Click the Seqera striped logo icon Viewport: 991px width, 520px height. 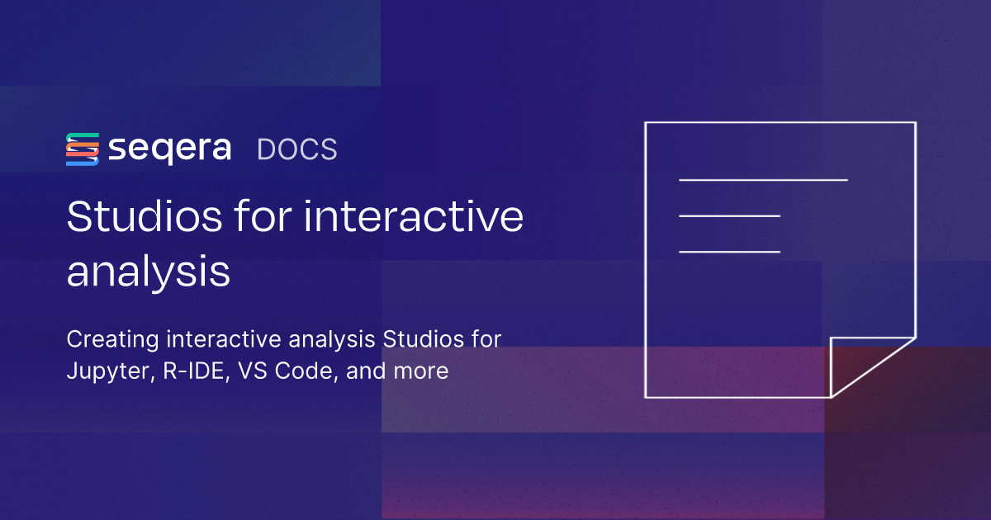coord(83,149)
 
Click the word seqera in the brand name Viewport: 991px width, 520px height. coord(170,150)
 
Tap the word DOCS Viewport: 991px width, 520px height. coord(297,149)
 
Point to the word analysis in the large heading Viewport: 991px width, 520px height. coord(148,272)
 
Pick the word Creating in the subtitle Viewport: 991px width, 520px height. coord(111,339)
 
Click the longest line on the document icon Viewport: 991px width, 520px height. coord(763,179)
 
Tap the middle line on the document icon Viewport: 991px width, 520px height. coord(729,215)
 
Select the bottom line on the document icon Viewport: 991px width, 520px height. coord(729,251)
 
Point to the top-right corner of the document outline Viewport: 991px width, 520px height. coord(915,123)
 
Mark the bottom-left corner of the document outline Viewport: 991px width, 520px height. coord(646,397)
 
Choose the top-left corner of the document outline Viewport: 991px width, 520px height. coord(646,123)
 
